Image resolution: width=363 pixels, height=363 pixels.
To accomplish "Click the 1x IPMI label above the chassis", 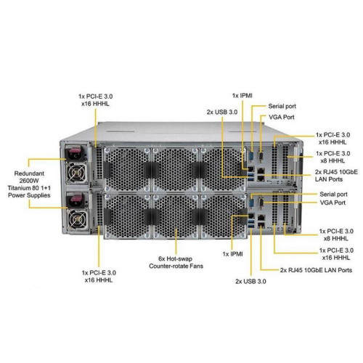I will click(x=243, y=94).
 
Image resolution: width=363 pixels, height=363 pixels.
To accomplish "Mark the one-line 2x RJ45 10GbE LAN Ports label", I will click(x=311, y=269).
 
